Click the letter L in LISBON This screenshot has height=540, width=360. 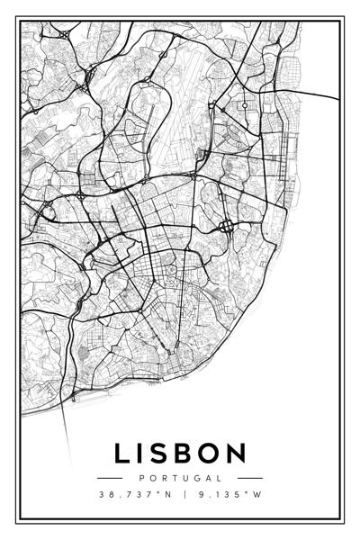pos(123,453)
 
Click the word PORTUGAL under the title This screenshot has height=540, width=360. pos(181,478)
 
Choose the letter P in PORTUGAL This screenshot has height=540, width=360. pos(143,478)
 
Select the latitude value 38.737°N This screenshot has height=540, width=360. pos(134,494)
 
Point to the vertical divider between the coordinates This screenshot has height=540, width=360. pos(184,494)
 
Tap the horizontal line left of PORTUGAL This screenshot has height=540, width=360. pos(110,478)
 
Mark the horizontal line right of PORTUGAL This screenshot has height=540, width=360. pos(251,478)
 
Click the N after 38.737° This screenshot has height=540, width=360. pos(166,494)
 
